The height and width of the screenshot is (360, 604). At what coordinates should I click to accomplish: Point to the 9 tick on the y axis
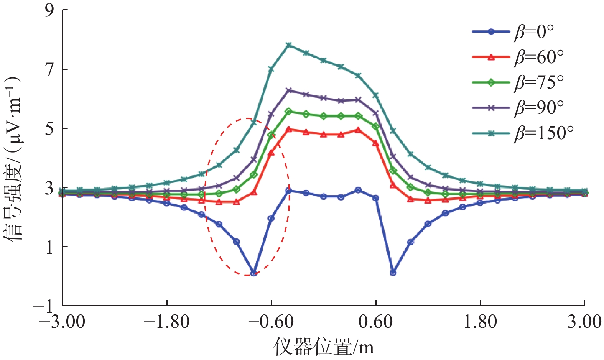coord(50,10)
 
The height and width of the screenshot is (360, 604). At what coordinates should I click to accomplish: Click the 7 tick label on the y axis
coord(50,69)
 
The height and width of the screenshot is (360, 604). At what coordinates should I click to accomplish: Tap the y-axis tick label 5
coord(50,128)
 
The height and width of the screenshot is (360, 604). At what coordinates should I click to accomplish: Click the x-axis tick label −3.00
coord(62,321)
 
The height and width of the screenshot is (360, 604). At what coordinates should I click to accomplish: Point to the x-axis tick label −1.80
coord(167,321)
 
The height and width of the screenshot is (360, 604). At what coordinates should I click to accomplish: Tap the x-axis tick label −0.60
coord(271,321)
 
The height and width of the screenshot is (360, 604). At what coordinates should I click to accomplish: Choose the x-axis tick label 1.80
coord(480,321)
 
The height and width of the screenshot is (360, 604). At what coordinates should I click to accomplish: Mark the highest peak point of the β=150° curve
coord(289,45)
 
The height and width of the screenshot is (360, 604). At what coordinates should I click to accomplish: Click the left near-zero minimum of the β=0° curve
coord(253,273)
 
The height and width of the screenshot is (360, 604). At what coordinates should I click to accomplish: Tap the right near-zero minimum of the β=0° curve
coord(393,273)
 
